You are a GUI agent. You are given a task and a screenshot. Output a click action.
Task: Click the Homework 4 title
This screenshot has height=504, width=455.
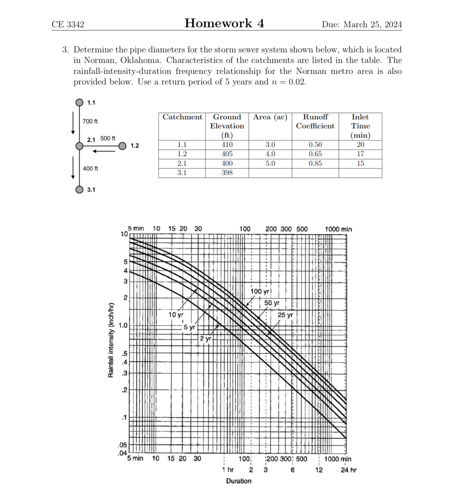pos(224,23)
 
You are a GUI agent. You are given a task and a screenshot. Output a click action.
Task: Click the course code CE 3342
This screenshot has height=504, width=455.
pos(68,24)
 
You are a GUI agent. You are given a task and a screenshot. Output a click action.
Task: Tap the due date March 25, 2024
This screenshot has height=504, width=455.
pos(362,24)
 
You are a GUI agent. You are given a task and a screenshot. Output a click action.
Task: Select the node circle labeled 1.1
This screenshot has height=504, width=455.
pos(79,102)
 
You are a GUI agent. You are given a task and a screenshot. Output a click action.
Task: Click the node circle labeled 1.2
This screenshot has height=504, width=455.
pos(122,146)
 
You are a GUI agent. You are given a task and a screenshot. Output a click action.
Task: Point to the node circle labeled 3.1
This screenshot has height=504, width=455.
pos(79,190)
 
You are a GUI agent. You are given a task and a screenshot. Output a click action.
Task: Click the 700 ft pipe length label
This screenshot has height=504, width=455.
pos(90,121)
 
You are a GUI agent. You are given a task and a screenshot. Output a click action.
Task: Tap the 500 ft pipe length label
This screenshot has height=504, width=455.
pos(108,138)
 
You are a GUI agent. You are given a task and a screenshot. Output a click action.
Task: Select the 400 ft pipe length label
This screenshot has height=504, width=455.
pos(90,168)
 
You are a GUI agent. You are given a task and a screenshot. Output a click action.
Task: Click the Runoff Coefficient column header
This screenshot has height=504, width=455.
pos(315,121)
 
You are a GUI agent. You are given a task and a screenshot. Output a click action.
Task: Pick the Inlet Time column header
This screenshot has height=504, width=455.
pos(360,126)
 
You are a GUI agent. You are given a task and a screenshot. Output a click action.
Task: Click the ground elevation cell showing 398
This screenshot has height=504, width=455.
pos(227,173)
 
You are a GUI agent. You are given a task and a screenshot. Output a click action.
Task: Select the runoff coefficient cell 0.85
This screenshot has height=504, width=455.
pos(315,164)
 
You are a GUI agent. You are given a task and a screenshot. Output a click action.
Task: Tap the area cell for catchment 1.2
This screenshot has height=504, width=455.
pos(270,154)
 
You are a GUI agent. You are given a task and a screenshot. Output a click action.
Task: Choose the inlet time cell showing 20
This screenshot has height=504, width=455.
pos(360,144)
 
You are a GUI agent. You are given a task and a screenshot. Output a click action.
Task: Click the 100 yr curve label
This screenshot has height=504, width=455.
pos(260,291)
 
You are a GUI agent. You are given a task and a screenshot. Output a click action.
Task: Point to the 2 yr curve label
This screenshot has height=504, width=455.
pos(205,339)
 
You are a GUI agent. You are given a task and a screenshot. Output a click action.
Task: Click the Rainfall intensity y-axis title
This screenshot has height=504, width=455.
pos(111,340)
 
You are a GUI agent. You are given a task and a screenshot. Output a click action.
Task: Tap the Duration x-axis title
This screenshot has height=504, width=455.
pos(239,481)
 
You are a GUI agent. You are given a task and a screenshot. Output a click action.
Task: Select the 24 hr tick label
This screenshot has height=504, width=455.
pos(348,470)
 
